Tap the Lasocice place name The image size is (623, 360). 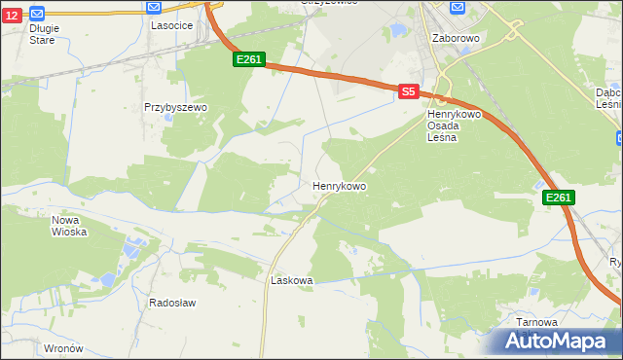[169, 25]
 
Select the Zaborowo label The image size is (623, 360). [456, 38]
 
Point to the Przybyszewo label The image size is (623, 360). [170, 107]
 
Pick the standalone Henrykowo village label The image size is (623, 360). [339, 185]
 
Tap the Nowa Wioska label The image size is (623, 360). [69, 226]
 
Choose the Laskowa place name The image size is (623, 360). [291, 280]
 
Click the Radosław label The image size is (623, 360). [172, 303]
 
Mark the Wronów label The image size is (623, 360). [63, 347]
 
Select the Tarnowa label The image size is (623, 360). [538, 323]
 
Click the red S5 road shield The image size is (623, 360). [409, 91]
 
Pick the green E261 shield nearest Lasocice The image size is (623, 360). [248, 60]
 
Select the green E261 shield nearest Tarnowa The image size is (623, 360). [558, 198]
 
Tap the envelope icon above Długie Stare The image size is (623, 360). [37, 14]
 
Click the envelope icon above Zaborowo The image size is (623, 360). [456, 8]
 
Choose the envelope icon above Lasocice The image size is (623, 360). [154, 6]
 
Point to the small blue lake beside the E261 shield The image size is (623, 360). [540, 185]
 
